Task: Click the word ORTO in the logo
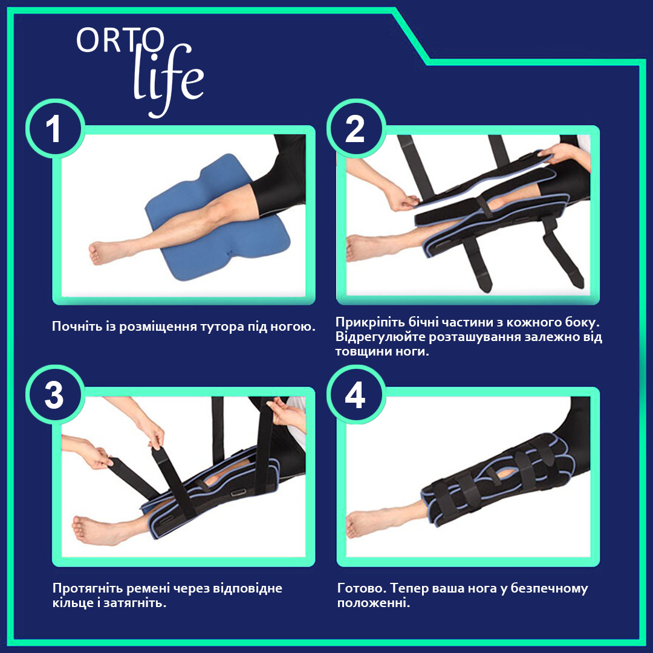click(x=121, y=41)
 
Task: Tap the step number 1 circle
click(x=56, y=129)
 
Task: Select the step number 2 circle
click(x=356, y=129)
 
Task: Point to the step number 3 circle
click(x=56, y=395)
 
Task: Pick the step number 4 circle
click(x=356, y=395)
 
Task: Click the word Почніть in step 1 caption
click(x=77, y=326)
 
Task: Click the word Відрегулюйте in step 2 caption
click(x=380, y=337)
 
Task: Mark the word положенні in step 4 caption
click(x=373, y=603)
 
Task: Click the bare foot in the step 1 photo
click(x=104, y=252)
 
